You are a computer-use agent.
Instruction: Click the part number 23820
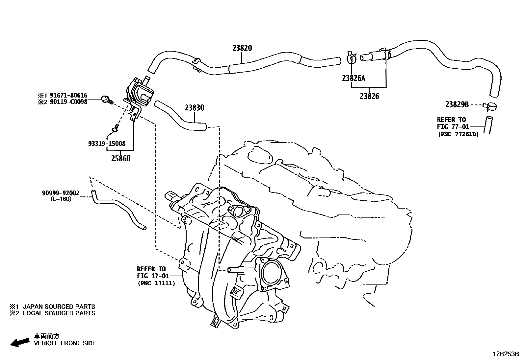[x=242, y=48]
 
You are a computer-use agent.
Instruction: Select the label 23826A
[x=354, y=78]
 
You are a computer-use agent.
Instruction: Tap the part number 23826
[x=369, y=96]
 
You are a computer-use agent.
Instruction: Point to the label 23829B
[x=457, y=104]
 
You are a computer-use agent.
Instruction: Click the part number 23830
[x=194, y=107]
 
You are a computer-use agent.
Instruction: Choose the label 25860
[x=120, y=158]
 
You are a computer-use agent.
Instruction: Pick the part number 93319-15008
[x=107, y=144]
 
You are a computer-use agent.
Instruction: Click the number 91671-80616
[x=68, y=96]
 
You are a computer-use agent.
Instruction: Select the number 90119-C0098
[x=68, y=102]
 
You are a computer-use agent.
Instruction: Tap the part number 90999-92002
[x=61, y=193]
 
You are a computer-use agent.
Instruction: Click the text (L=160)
[x=61, y=199]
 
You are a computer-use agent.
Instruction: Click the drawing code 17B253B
[x=505, y=354]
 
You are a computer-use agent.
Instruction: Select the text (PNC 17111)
[x=156, y=283]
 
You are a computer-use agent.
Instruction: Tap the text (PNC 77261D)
[x=458, y=134]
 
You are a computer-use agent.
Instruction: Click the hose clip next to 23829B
[x=490, y=106]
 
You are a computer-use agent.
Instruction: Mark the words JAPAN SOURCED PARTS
[x=59, y=306]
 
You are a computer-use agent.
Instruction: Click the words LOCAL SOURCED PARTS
[x=59, y=313]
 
